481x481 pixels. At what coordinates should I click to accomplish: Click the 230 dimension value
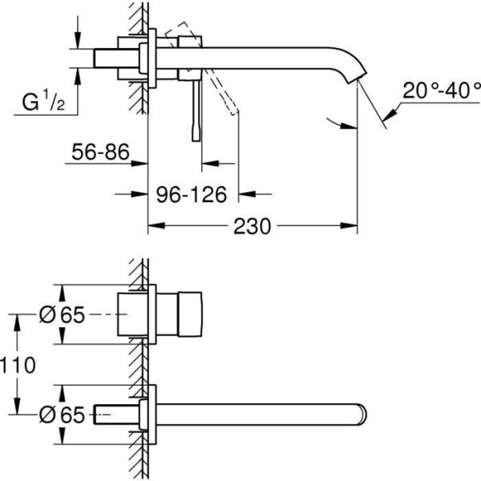click(x=251, y=227)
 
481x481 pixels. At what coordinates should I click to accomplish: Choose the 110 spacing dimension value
click(x=18, y=366)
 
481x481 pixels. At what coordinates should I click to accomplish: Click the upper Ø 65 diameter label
click(x=62, y=316)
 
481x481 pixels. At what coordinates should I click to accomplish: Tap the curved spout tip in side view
click(x=354, y=76)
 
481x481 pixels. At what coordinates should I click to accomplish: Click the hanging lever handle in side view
click(x=194, y=112)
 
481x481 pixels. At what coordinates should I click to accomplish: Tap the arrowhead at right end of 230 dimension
click(x=351, y=227)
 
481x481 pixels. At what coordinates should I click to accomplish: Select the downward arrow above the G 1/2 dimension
click(x=78, y=41)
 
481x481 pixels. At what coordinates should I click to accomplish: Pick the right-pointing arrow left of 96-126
click(x=141, y=194)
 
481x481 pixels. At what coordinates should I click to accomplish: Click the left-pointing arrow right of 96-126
click(x=247, y=194)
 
